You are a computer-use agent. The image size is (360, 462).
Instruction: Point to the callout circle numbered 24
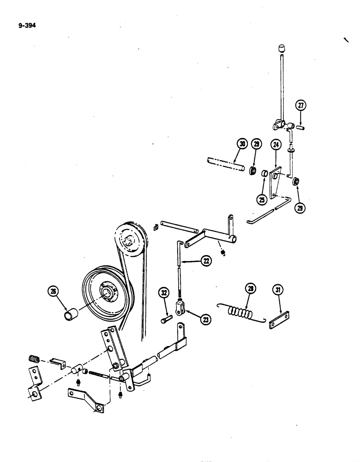[276, 145]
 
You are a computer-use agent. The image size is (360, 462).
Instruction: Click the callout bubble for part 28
[250, 290]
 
